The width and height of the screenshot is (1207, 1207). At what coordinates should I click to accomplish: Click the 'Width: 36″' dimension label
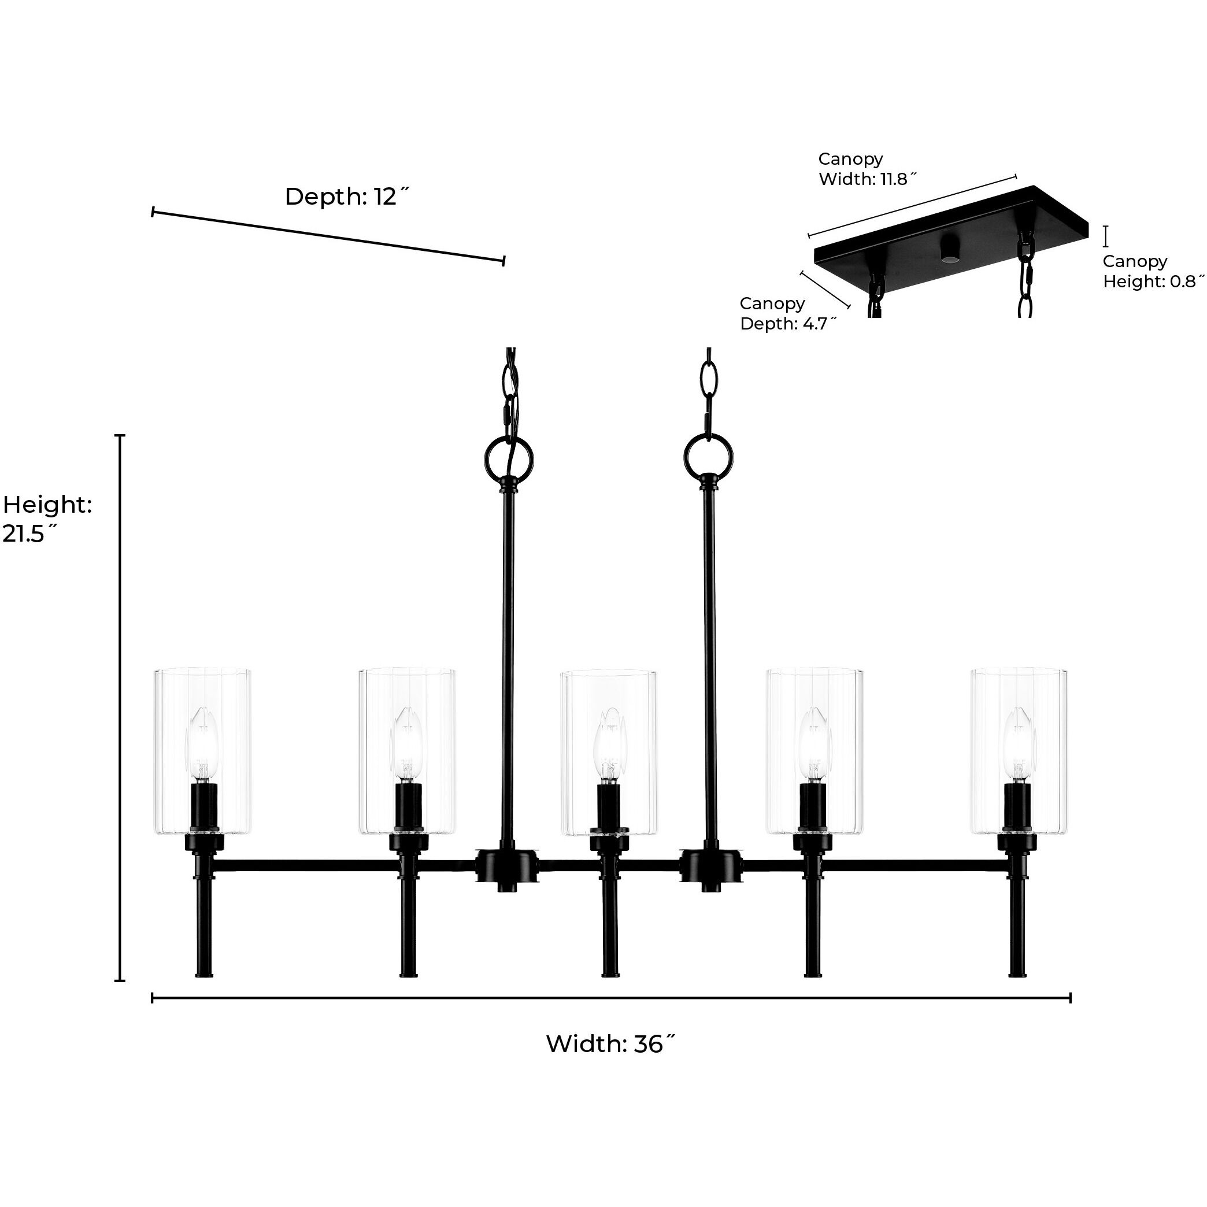pyautogui.click(x=610, y=1043)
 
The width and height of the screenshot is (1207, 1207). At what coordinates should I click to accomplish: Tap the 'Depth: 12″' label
pyautogui.click(x=347, y=196)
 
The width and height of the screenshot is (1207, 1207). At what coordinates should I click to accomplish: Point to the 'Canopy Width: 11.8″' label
pyautogui.click(x=867, y=169)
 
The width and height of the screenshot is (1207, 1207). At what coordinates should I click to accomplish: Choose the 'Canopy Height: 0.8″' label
pyautogui.click(x=1153, y=271)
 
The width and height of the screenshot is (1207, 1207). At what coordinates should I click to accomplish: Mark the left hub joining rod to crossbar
pyautogui.click(x=506, y=866)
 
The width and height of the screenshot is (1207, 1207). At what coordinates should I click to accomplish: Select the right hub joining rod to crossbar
pyautogui.click(x=710, y=866)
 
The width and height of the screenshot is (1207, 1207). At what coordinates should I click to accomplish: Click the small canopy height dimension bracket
pyautogui.click(x=1106, y=236)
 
